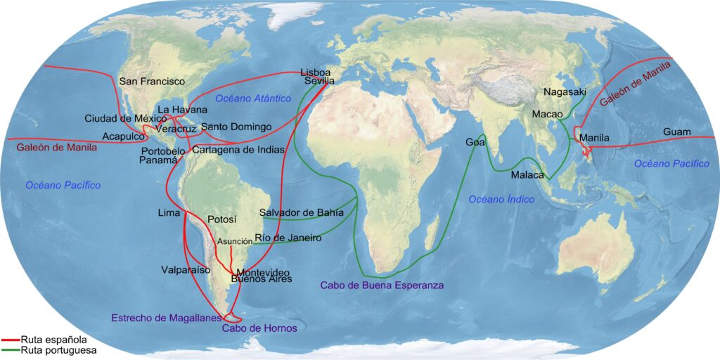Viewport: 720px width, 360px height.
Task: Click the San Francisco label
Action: [x=152, y=82]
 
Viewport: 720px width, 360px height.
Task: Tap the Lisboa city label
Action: [x=315, y=72]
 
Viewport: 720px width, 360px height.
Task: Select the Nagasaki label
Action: [x=565, y=92]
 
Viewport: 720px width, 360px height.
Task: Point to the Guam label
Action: [x=676, y=132]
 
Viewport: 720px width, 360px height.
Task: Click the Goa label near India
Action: [x=475, y=143]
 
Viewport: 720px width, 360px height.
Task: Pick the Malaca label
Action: [x=527, y=175]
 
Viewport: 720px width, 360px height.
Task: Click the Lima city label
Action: [x=169, y=212]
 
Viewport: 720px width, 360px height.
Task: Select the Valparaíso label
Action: [x=186, y=269]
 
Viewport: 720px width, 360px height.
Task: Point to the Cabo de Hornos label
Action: [x=259, y=328]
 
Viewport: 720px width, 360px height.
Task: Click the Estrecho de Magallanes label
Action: [x=167, y=318]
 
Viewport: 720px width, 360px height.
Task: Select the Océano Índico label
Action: [x=501, y=200]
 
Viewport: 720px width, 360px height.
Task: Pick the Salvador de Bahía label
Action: [x=302, y=212]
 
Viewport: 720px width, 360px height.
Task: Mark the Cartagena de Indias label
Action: [x=238, y=150]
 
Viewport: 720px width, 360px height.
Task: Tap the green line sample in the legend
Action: [x=10, y=349]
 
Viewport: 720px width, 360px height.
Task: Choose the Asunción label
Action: [x=235, y=241]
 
